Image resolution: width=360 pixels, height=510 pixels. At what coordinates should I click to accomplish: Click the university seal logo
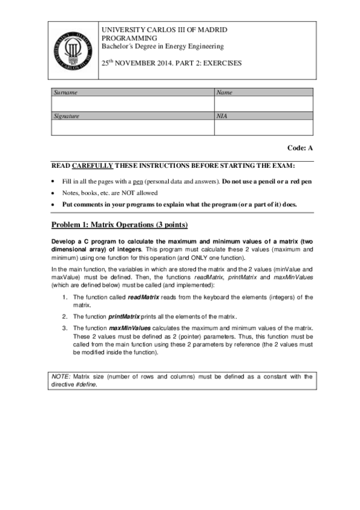pos(72,51)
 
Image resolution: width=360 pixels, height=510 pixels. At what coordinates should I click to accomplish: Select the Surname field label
pos(66,93)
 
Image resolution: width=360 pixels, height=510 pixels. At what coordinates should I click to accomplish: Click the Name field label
pos(224,93)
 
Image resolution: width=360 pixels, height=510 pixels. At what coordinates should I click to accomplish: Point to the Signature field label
pos(67,115)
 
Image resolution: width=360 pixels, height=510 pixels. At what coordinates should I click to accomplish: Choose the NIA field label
pos(222,115)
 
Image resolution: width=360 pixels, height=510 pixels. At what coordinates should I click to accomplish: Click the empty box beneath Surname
pos(132,103)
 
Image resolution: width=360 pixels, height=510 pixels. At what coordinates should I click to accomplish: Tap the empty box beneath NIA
pos(263,127)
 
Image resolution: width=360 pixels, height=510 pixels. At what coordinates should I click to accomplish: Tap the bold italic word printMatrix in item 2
pos(124,316)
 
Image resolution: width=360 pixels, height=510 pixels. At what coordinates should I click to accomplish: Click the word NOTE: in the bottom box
pos(61,376)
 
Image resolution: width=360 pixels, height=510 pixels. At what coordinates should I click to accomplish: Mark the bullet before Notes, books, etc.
pos(54,192)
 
